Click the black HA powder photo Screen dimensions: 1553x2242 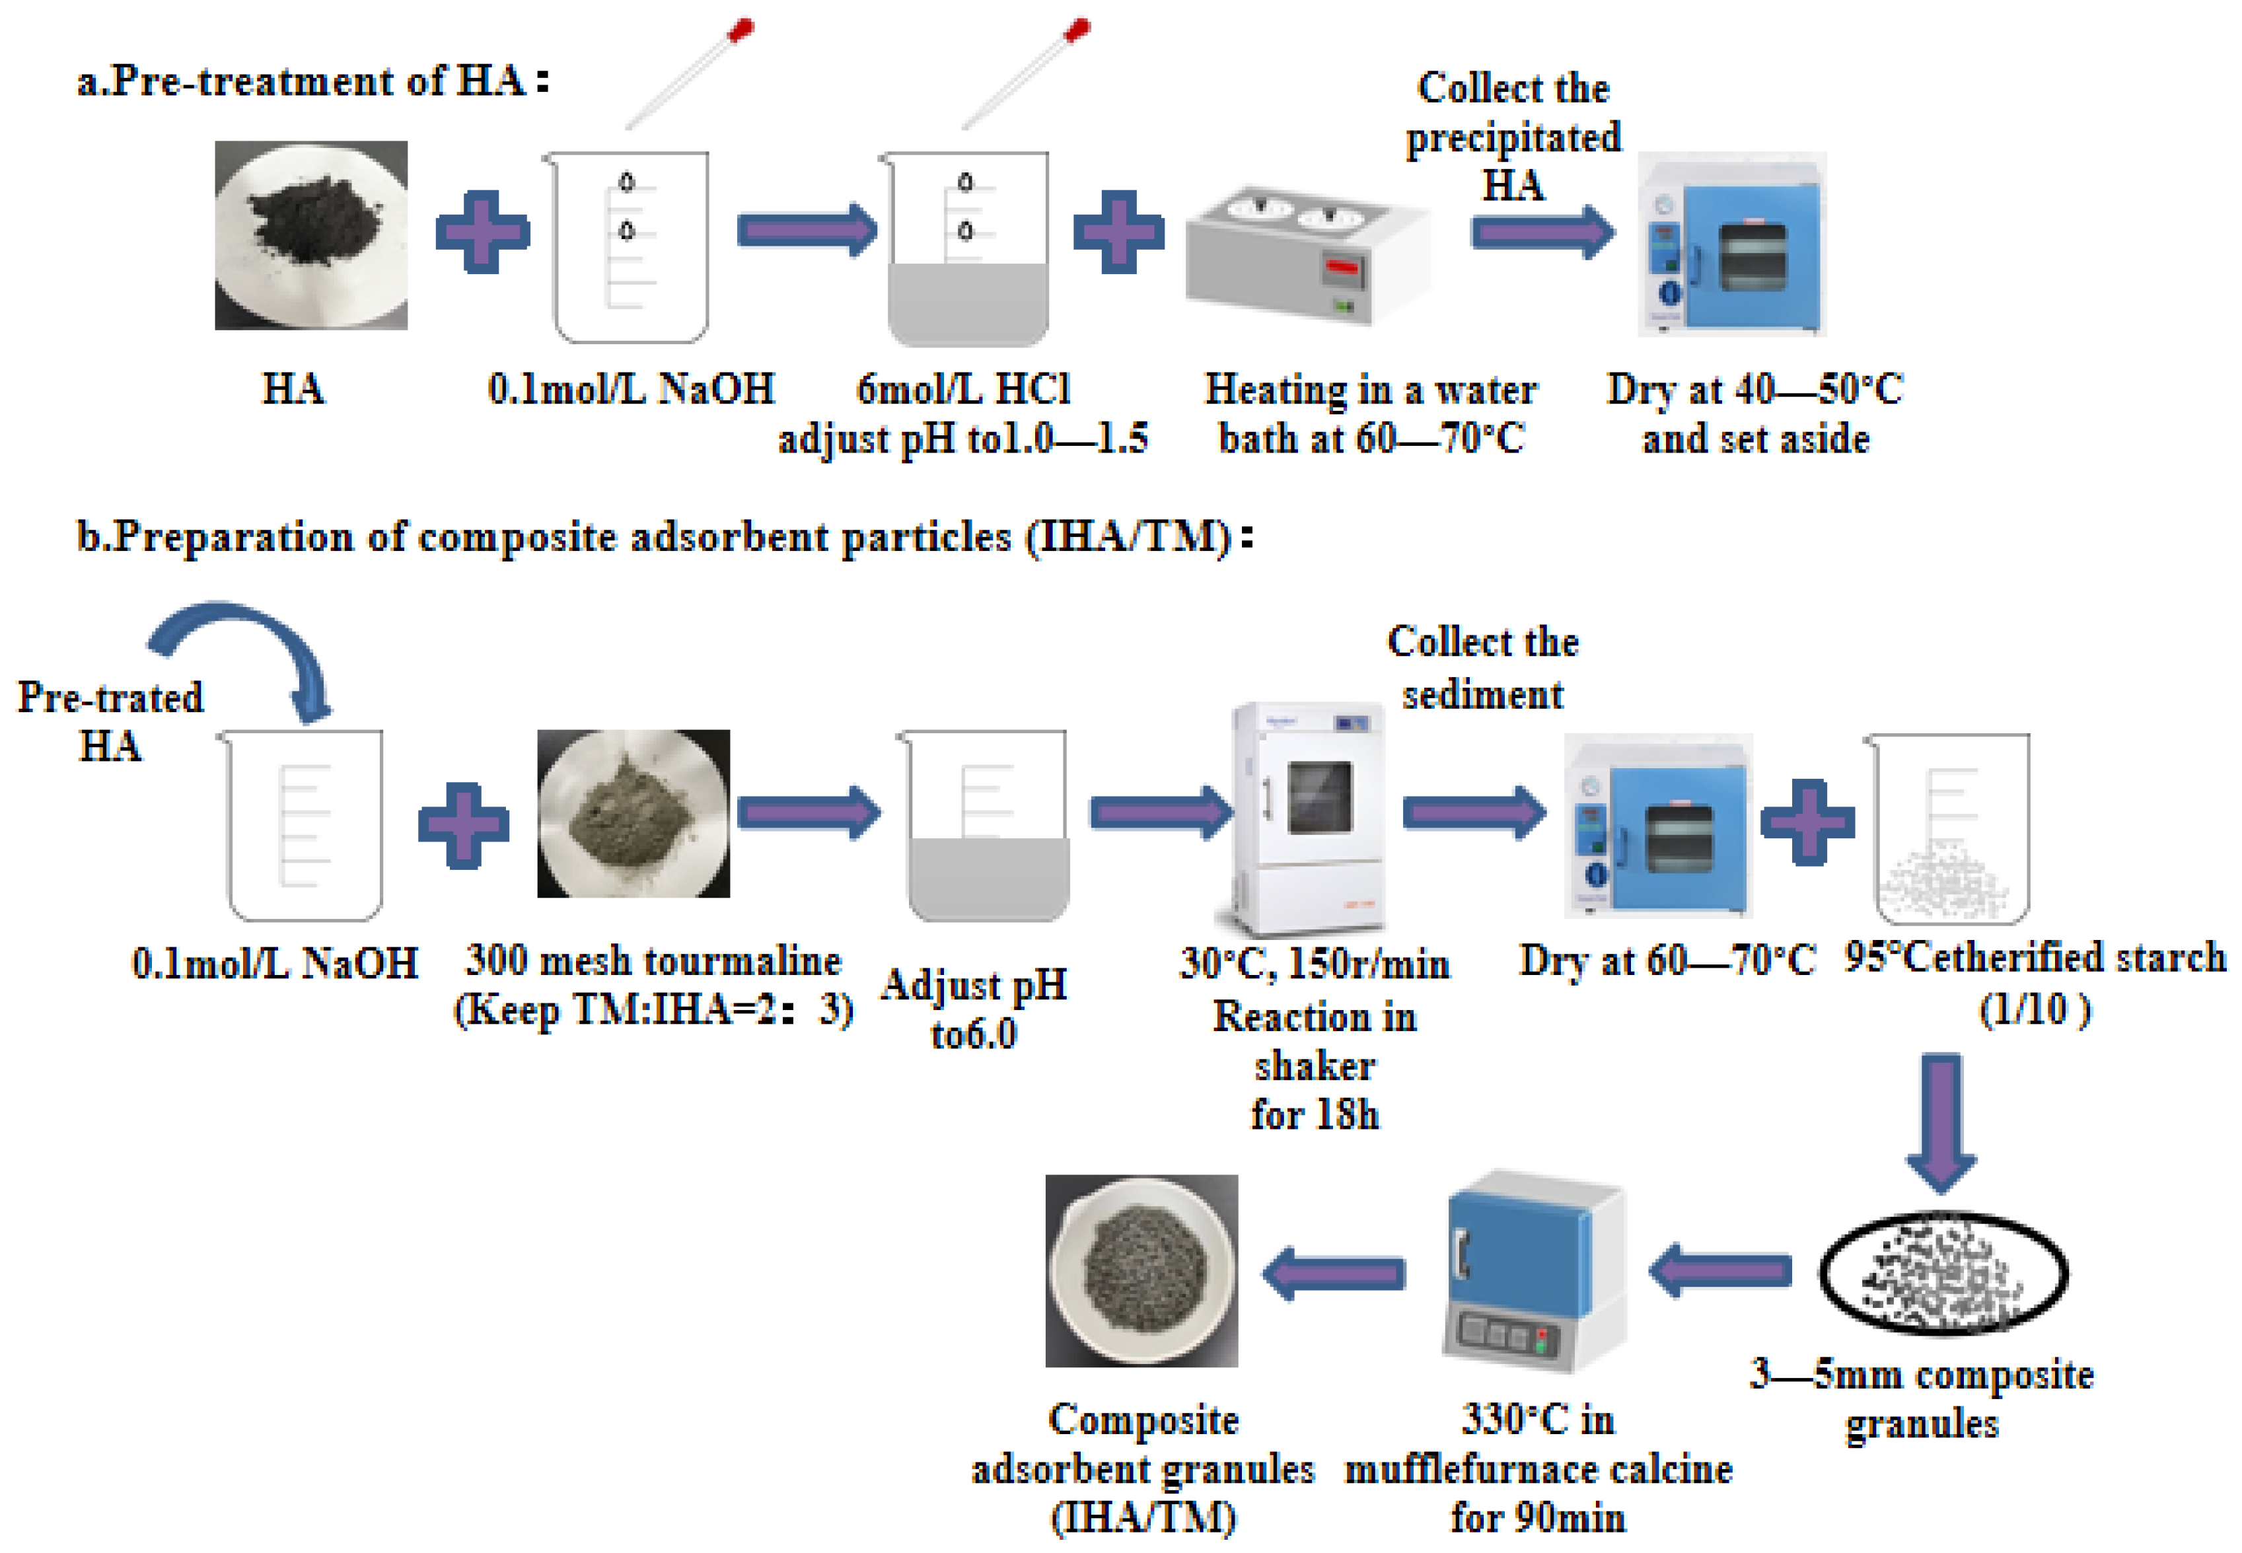[310, 235]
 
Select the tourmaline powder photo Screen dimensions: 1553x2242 [633, 813]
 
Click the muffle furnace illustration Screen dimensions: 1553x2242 [1533, 1270]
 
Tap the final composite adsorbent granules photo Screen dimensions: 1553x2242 [1141, 1270]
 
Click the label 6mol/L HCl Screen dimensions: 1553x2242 [963, 389]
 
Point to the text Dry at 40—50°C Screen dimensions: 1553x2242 [1754, 389]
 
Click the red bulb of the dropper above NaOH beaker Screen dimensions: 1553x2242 [741, 30]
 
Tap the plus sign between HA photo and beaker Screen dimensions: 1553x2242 [483, 232]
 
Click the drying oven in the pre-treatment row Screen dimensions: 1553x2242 [1732, 243]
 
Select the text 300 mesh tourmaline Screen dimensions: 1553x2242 [653, 960]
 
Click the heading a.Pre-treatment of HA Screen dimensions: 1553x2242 [311, 80]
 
